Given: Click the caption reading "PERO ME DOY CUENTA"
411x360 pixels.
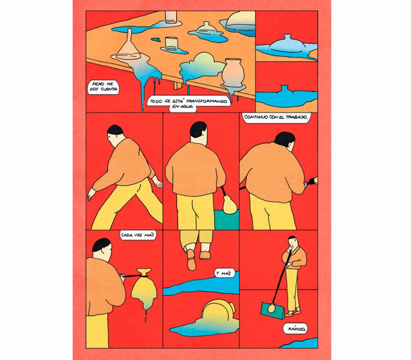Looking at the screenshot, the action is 103,87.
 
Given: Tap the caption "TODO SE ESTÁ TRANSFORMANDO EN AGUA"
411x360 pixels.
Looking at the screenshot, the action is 189,104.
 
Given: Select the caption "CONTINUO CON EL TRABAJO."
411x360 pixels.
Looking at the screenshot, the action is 275,117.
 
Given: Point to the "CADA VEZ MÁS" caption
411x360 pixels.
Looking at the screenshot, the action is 137,235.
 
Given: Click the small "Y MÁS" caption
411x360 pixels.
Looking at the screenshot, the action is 223,273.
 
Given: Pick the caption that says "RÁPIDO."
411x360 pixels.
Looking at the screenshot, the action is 295,328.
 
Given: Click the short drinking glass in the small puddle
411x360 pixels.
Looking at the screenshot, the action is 171,43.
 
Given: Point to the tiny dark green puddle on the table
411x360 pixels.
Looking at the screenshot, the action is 156,40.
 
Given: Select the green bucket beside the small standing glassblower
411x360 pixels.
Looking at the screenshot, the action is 273,310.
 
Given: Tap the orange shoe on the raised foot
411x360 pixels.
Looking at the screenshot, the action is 191,259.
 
